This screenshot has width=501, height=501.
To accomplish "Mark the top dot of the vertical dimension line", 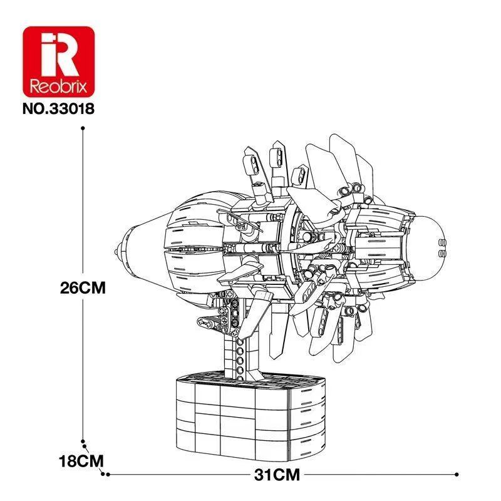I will (x=83, y=128).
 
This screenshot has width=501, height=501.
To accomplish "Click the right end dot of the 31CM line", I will (x=458, y=474).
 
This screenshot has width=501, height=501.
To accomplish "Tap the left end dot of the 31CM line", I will (x=107, y=474).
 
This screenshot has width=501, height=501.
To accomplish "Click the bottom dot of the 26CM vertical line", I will (x=83, y=441).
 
